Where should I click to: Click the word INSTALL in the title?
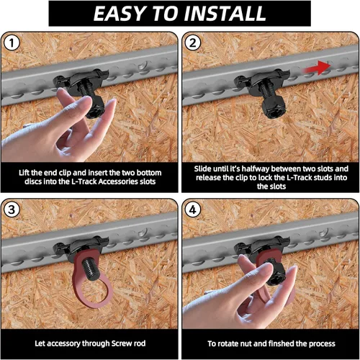click(x=225, y=14)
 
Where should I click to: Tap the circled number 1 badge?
click(x=12, y=43)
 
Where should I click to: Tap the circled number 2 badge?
click(x=192, y=43)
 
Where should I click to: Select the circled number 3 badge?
click(x=12, y=210)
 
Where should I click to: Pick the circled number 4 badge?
click(x=192, y=210)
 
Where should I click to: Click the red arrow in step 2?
click(x=316, y=68)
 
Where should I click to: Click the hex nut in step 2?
click(x=274, y=108)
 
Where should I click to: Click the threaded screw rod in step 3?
click(x=90, y=268)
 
